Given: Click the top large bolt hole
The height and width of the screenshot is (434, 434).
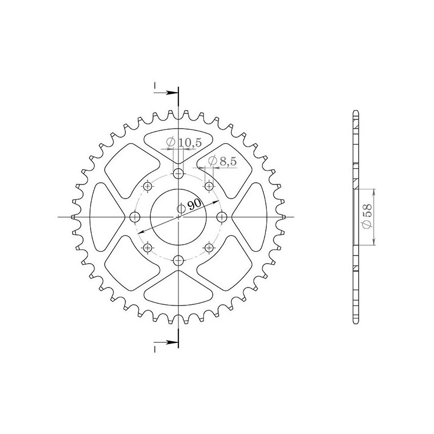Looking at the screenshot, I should [x=178, y=174].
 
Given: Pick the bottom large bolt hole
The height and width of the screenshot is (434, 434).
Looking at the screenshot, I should [x=178, y=260].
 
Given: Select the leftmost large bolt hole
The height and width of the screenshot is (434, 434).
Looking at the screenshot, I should [x=135, y=217].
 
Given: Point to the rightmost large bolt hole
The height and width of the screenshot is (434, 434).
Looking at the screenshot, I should [x=221, y=217].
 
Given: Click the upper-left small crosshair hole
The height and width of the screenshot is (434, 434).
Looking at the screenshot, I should [x=148, y=186].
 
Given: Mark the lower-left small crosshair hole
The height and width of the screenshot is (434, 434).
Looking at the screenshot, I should [x=148, y=247].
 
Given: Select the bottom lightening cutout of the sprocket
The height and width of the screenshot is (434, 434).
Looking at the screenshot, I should [x=178, y=290].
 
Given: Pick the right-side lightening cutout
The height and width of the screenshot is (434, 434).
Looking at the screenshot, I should [x=252, y=217].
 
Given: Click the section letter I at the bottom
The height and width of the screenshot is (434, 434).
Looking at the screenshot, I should [x=155, y=349].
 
